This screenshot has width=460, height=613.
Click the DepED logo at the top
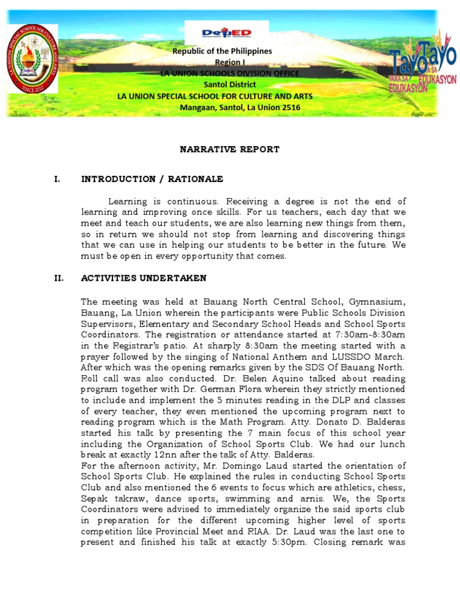click(226, 33)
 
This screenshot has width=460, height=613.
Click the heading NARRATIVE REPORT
click(229, 149)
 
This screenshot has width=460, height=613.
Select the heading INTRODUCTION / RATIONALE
click(152, 179)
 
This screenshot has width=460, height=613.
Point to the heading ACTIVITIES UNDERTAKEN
click(144, 278)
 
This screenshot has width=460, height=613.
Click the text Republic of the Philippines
click(222, 51)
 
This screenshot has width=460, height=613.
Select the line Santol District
click(229, 84)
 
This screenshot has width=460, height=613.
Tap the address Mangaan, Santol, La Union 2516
click(240, 108)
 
